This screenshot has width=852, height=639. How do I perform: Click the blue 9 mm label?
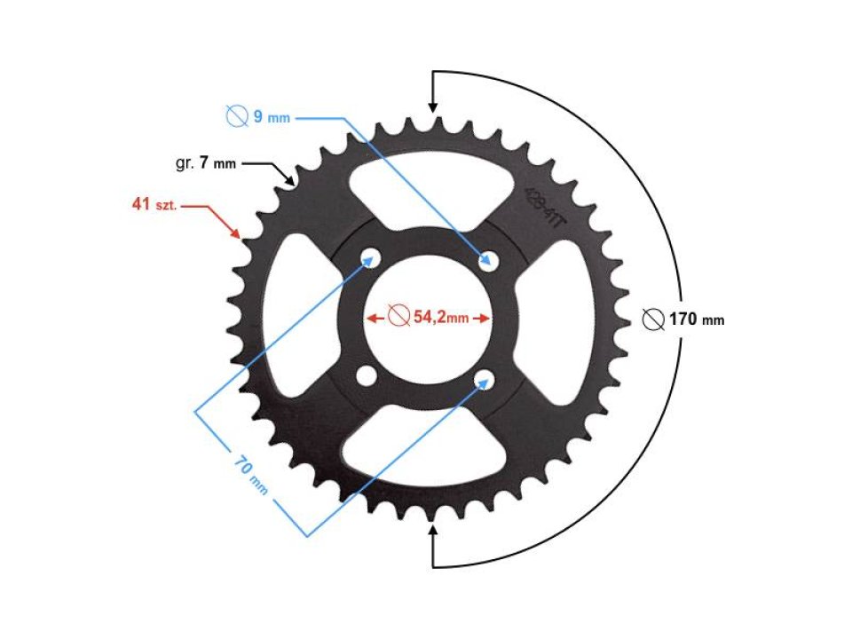[272, 117]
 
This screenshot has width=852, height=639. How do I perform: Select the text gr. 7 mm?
[206, 164]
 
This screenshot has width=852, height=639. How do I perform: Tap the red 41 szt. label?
[154, 205]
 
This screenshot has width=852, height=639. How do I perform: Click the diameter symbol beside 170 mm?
[653, 319]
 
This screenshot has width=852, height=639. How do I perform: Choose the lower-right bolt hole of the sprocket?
[485, 379]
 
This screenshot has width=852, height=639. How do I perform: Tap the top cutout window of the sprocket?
[427, 182]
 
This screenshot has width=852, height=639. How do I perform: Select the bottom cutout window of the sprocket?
[427, 453]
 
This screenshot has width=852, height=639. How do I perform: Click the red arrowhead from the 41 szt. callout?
[237, 234]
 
